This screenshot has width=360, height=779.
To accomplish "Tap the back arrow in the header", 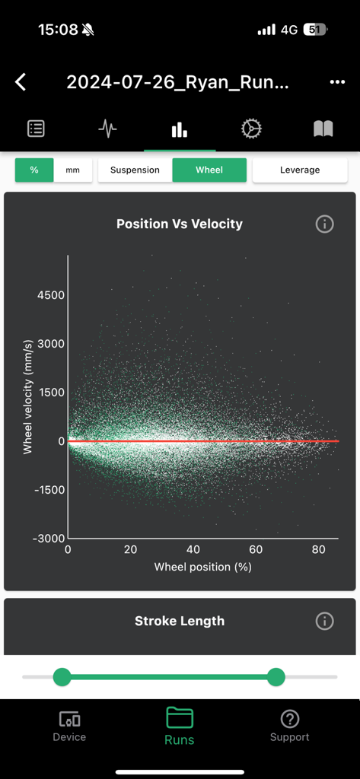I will click(21, 82).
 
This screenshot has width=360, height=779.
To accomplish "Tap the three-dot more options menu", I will click(337, 82).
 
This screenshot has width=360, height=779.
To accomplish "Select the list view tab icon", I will click(36, 129).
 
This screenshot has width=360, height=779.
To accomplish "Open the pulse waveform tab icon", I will click(107, 129).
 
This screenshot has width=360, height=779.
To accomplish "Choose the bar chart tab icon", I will click(180, 129).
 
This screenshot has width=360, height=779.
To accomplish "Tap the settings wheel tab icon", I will click(251, 129).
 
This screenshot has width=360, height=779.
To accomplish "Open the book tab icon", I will click(323, 129).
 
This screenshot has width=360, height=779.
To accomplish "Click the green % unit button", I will click(34, 170).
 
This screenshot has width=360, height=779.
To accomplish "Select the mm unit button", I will click(73, 170).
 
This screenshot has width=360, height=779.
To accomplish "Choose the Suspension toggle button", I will click(135, 170).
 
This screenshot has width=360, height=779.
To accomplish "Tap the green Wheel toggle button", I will click(209, 170).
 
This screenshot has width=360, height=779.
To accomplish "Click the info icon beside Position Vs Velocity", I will click(324, 224).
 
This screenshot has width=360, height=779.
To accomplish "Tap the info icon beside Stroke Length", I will click(324, 621).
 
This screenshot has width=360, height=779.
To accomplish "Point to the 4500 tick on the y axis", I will click(52, 295).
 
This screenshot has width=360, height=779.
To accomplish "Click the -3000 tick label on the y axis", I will click(49, 539).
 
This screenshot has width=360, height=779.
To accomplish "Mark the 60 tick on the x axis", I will click(256, 549).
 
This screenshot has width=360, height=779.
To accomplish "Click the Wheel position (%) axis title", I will click(202, 567).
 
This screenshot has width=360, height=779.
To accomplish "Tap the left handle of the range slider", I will click(62, 676).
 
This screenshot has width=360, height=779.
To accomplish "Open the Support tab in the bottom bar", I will click(289, 726).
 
